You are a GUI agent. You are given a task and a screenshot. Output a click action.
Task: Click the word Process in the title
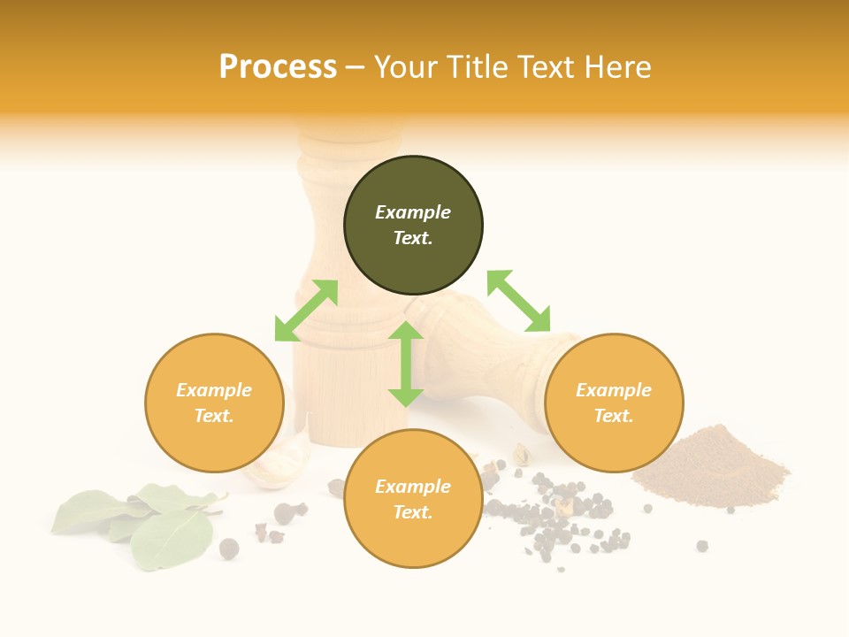pyautogui.click(x=278, y=67)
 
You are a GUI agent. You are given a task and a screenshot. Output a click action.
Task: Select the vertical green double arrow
pyautogui.click(x=406, y=364)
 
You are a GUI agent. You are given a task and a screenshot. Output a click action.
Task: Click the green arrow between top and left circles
pyautogui.click(x=306, y=311)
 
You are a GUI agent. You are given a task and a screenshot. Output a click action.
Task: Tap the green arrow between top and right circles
pyautogui.click(x=518, y=301)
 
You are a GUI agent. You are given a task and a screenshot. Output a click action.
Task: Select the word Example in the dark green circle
pyautogui.click(x=413, y=212)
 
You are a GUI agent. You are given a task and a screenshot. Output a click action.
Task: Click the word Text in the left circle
pyautogui.click(x=214, y=416)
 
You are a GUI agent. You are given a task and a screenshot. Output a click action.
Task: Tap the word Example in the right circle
pyautogui.click(x=614, y=390)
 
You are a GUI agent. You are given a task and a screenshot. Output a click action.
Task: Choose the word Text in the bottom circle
pyautogui.click(x=413, y=512)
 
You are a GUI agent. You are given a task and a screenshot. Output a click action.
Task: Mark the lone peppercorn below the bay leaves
pyautogui.click(x=229, y=549)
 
